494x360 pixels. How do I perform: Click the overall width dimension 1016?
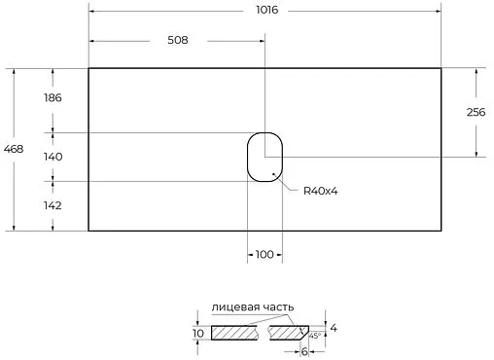pyautogui.click(x=265, y=10)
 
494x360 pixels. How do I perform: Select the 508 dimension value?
pyautogui.click(x=176, y=40)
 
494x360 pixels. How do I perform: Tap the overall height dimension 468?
pyautogui.click(x=15, y=149)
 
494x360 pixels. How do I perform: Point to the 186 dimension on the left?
pyautogui.click(x=53, y=99)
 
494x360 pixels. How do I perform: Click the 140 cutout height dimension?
pyautogui.click(x=53, y=156)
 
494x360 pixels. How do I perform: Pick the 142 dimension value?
pyautogui.click(x=53, y=205)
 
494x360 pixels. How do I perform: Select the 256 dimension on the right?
pyautogui.click(x=476, y=112)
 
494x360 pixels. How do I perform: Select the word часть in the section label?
pyautogui.click(x=276, y=306)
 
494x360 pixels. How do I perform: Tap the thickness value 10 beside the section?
pyautogui.click(x=198, y=334)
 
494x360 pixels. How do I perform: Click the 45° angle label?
pyautogui.click(x=314, y=336)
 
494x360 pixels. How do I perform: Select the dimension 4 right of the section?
pyautogui.click(x=333, y=327)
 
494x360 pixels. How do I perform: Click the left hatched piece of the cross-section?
pyautogui.click(x=236, y=333)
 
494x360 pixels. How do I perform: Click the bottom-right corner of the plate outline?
pyautogui.click(x=441, y=231)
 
